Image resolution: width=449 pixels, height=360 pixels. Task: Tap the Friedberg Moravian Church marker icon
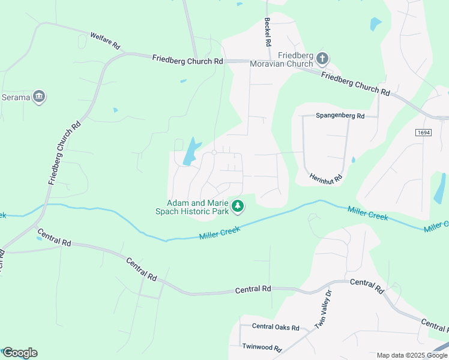tap(322, 58)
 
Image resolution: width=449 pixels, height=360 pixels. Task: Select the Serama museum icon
tap(40, 96)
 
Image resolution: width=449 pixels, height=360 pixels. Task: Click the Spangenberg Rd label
tap(340, 115)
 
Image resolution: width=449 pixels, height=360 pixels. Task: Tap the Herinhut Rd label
tap(326, 178)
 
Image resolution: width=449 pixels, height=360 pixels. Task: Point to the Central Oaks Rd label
tap(276, 327)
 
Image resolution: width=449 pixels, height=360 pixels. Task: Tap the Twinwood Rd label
tap(262, 347)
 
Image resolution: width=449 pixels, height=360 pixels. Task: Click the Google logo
tap(20, 353)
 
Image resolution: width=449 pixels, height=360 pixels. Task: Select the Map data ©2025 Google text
tap(412, 355)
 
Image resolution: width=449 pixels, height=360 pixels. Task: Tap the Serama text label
tap(15, 97)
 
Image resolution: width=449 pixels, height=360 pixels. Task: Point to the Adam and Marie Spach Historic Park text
tap(192, 207)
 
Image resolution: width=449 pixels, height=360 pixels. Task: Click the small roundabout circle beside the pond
tap(214, 152)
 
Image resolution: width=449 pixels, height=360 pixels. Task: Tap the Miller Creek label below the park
tap(220, 233)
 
